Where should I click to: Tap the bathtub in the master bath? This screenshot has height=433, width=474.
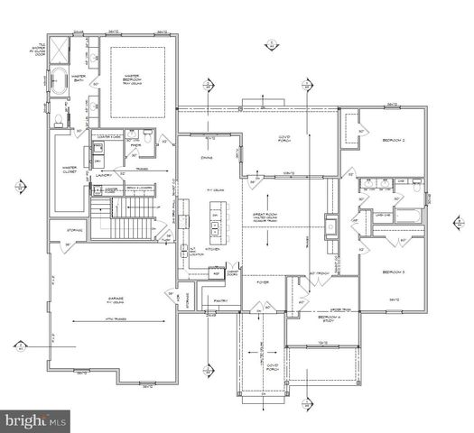(58, 81)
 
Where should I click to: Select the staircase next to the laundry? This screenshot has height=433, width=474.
(127, 220)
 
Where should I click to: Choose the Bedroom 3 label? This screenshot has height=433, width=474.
(394, 272)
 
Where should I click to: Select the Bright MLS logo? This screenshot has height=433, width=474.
(35, 420)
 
